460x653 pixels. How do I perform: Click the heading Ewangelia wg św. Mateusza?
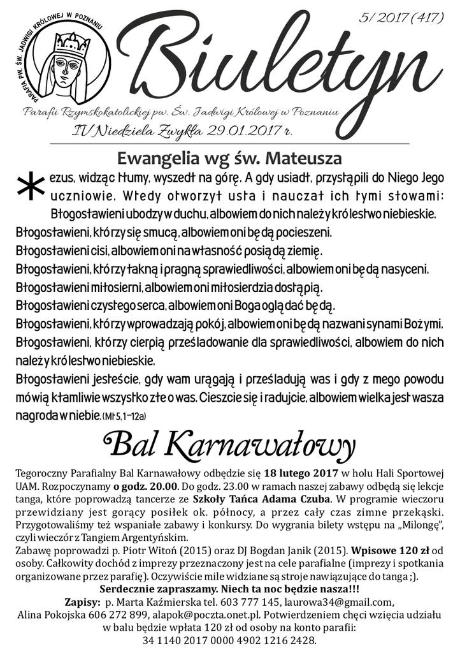point(230,157)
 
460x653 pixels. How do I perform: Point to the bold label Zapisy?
point(82,601)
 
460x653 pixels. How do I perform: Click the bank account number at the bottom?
point(229,640)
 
